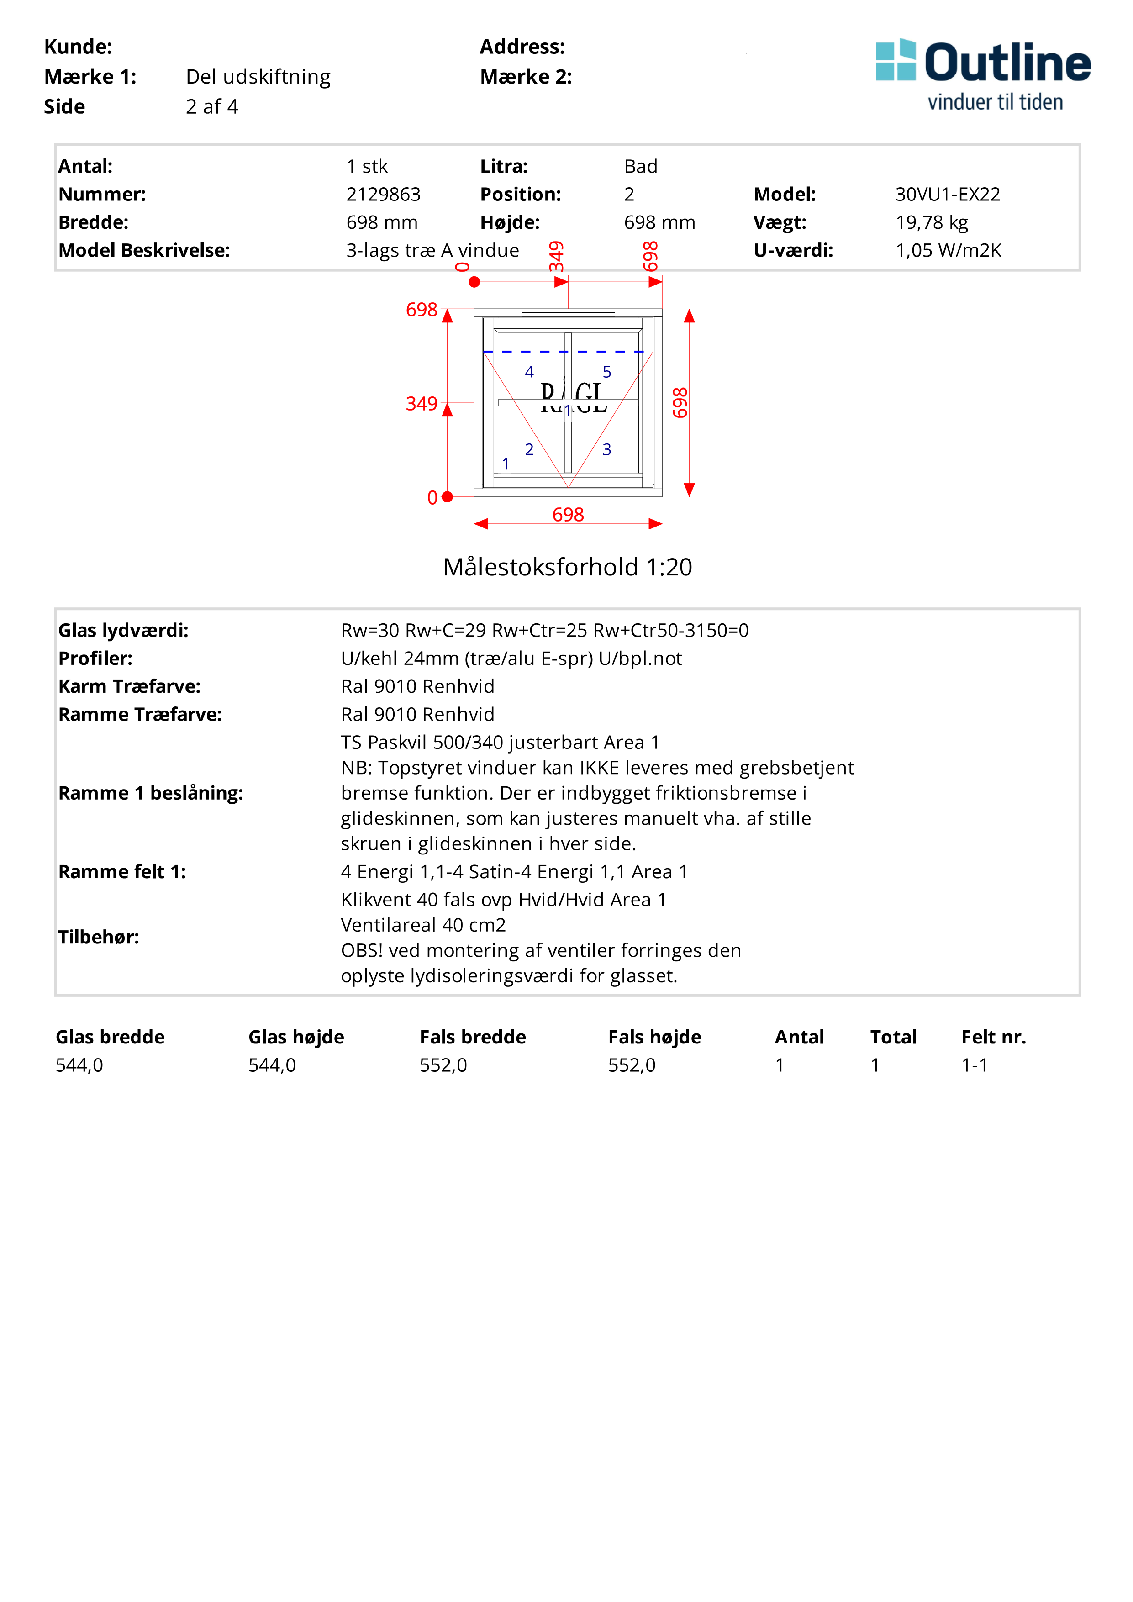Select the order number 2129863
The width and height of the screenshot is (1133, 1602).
pyautogui.click(x=383, y=195)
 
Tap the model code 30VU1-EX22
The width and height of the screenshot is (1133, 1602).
pyautogui.click(x=948, y=195)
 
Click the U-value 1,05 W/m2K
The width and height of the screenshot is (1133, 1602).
pyautogui.click(x=948, y=251)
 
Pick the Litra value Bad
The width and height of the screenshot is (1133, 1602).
pyautogui.click(x=640, y=167)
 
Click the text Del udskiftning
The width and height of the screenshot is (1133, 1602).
pyautogui.click(x=258, y=77)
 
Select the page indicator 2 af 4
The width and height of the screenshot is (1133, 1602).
pyautogui.click(x=212, y=107)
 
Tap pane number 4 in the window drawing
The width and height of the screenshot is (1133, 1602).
pyautogui.click(x=530, y=372)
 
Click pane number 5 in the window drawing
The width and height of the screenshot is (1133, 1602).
pyautogui.click(x=607, y=372)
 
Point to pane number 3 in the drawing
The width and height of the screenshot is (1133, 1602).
pyautogui.click(x=607, y=449)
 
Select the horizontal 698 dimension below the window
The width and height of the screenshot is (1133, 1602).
pyautogui.click(x=568, y=515)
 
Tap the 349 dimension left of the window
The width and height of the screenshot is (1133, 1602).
pyautogui.click(x=422, y=404)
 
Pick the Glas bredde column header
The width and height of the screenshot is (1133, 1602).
pyautogui.click(x=110, y=1038)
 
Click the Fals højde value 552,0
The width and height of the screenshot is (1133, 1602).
pyautogui.click(x=632, y=1065)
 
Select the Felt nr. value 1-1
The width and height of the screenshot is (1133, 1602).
pyautogui.click(x=974, y=1065)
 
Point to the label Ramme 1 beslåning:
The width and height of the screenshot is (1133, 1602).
pyautogui.click(x=151, y=793)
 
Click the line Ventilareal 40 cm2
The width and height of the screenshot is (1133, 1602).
pyautogui.click(x=423, y=925)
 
